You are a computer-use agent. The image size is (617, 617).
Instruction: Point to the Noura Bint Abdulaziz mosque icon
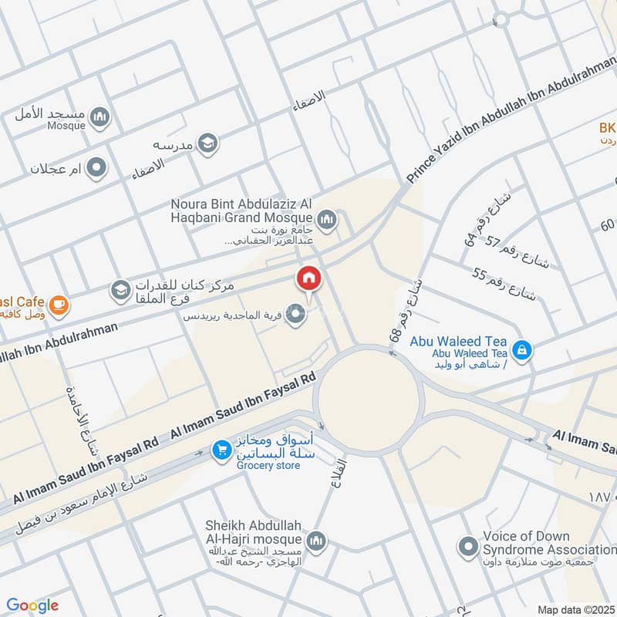tap(327, 221)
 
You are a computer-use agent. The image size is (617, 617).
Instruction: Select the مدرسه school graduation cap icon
tap(207, 143)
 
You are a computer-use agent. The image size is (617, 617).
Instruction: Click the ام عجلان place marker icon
tap(96, 167)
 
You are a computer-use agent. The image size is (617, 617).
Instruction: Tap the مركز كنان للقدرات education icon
tap(120, 289)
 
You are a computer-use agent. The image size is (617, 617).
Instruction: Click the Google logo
tap(32, 605)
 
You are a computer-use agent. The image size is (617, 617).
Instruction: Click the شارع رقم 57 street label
tap(517, 255)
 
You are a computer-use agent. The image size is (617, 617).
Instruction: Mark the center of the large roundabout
tap(369, 400)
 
